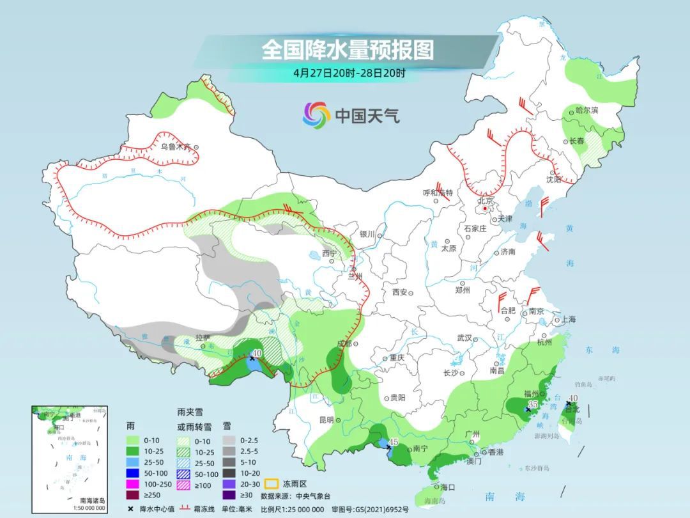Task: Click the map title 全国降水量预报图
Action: (x=348, y=49)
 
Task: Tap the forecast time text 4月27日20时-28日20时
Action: (x=349, y=72)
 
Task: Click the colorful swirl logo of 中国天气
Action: (x=316, y=115)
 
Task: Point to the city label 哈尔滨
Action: (x=587, y=111)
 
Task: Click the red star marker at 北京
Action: (x=486, y=208)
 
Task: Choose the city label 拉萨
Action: (x=202, y=337)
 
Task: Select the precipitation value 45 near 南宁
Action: (x=394, y=441)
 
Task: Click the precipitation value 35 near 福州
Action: (x=533, y=405)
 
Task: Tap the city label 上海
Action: (x=568, y=319)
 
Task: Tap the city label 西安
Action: (x=399, y=292)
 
